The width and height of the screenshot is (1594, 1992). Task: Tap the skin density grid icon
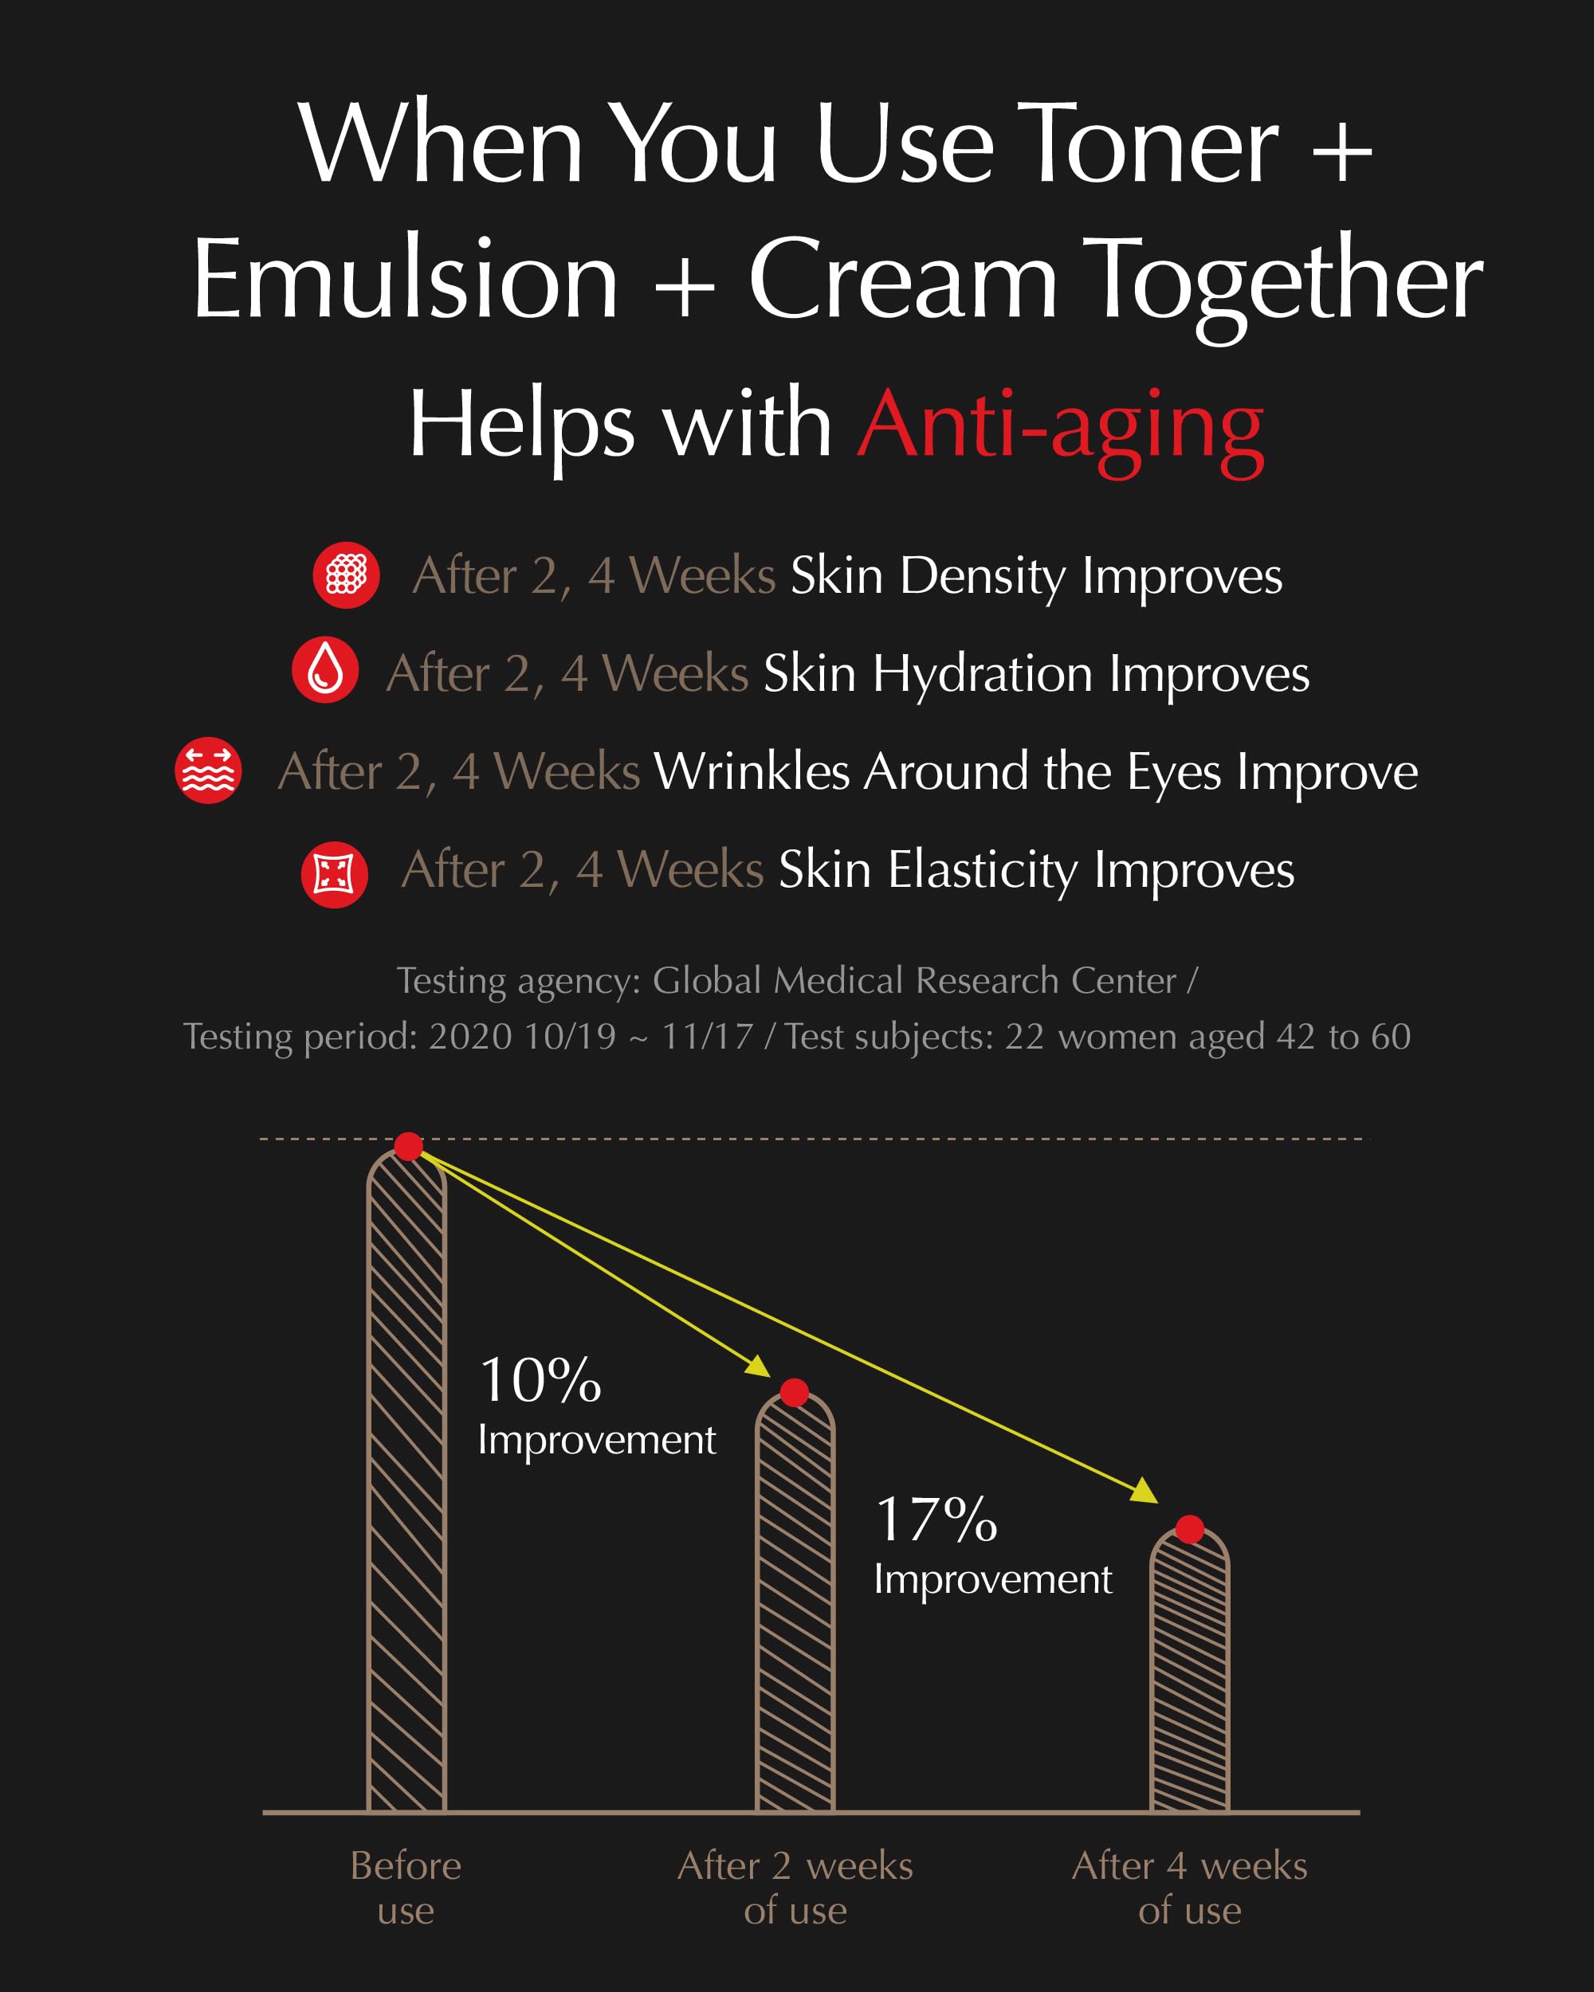coord(347,574)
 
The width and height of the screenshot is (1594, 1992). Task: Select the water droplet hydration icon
coord(325,670)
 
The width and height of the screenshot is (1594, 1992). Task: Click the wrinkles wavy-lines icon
coord(209,770)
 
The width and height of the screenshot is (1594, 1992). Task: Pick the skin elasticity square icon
coord(335,874)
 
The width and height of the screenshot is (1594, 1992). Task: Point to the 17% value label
coord(936,1519)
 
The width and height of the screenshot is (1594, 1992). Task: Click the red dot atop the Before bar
coord(408,1146)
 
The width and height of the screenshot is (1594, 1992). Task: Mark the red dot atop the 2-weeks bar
coord(795,1392)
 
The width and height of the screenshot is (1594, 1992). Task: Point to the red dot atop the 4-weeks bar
coord(1189,1529)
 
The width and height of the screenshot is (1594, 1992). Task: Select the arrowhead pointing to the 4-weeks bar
coord(1146,1490)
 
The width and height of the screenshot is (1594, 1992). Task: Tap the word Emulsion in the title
coord(405,279)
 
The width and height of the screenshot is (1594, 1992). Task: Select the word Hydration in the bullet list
coord(982,673)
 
